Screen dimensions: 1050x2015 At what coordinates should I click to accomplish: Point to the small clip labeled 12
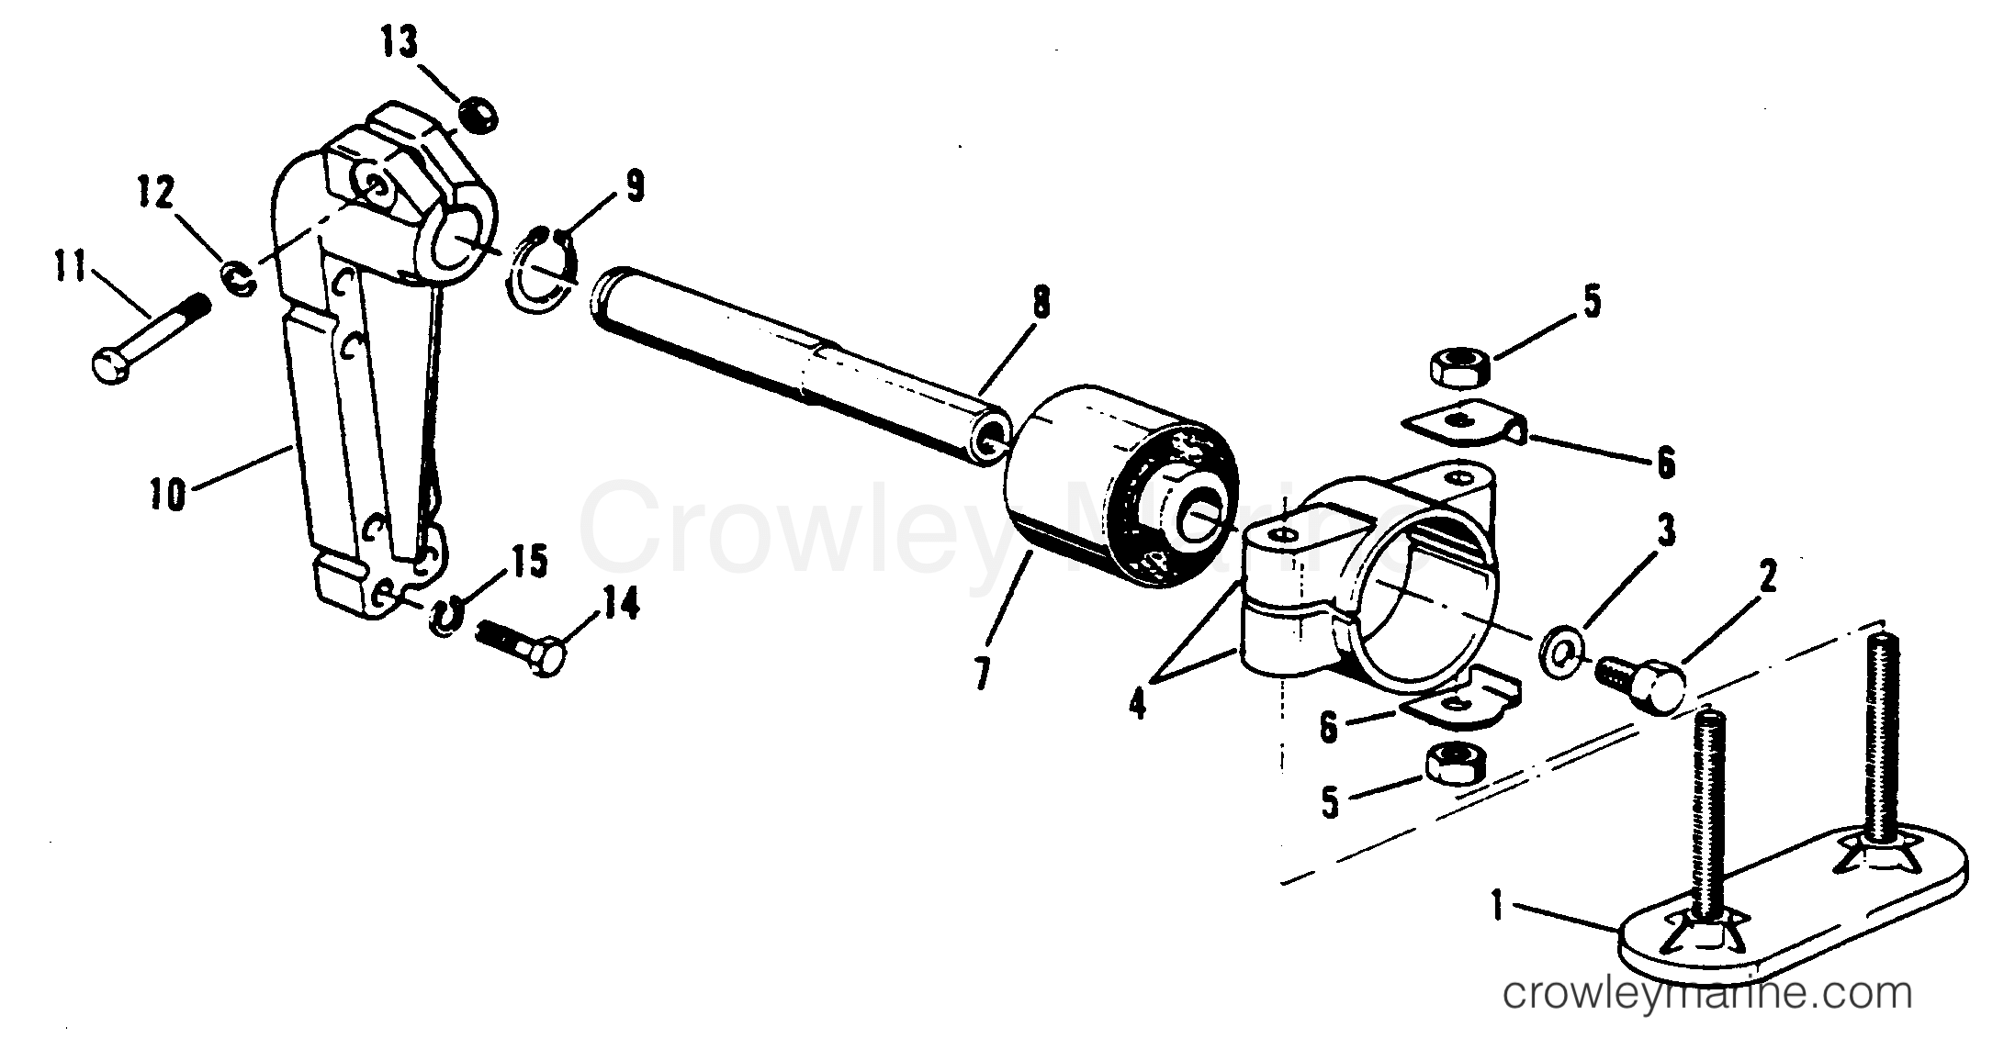tap(237, 280)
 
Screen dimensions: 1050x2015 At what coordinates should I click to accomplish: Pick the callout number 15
tap(530, 561)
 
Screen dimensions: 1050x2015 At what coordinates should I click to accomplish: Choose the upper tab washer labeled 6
tap(1460, 428)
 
